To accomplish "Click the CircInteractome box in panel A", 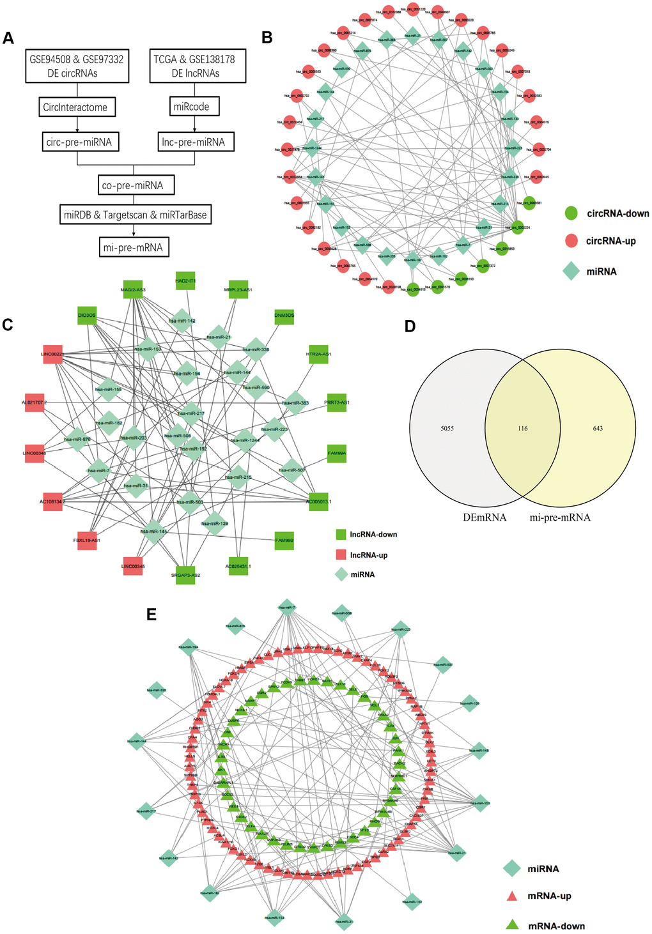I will (75, 107).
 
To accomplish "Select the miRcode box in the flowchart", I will (192, 107).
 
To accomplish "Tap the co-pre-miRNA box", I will (133, 186).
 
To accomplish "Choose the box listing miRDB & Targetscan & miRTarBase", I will (136, 215).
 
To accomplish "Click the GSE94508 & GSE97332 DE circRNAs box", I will (77, 66).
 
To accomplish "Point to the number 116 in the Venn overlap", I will (523, 428).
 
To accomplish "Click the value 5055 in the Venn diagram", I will (447, 428).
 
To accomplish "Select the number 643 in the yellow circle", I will (598, 428).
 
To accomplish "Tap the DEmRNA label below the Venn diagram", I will (485, 517).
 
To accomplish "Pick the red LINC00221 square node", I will (53, 355).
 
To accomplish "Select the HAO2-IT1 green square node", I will (185, 280).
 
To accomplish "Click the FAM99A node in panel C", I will (337, 453).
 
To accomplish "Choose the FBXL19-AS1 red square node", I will (86, 540).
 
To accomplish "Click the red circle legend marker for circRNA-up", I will (572, 241).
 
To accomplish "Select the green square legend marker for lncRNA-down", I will (341, 534).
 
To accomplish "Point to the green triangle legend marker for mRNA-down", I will (512, 924).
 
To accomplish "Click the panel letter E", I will (151, 614).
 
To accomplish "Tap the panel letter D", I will (410, 326).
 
